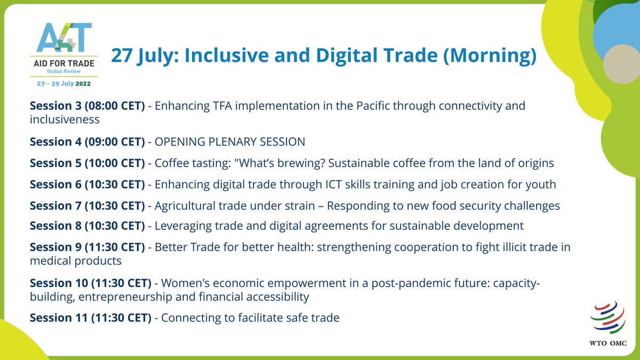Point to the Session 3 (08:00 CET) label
pos(87,106)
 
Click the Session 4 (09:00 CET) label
pos(87,141)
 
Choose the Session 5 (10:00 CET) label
pos(87,163)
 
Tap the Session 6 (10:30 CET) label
pos(87,184)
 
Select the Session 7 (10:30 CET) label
pos(87,205)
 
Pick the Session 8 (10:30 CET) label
pos(87,226)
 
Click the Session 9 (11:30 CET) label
pos(87,247)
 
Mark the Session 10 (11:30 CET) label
pos(91,282)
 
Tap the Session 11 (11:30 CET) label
pos(91,318)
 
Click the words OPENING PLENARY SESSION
pos(230,141)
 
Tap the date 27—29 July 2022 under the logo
pos(63,84)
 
